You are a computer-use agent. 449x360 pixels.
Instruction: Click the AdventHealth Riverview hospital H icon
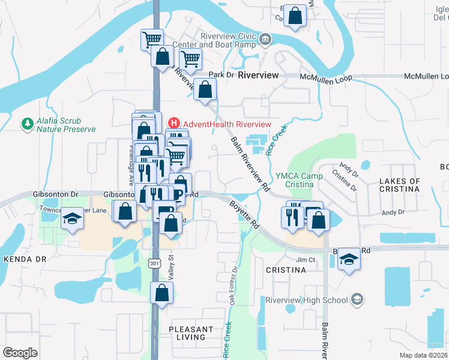click(x=174, y=124)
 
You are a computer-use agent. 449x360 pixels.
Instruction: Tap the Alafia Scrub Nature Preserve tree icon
click(x=26, y=124)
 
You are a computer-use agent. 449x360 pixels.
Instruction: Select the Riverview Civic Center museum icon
click(x=265, y=41)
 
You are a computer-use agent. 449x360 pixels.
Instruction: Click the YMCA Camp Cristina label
click(x=300, y=180)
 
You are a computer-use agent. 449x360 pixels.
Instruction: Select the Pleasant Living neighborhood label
click(x=191, y=333)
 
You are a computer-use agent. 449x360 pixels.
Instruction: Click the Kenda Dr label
click(x=25, y=259)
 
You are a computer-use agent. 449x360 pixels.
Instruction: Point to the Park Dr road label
click(x=220, y=75)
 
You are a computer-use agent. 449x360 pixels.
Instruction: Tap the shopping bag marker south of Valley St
click(x=161, y=293)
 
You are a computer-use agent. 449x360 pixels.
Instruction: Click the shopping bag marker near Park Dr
click(x=205, y=91)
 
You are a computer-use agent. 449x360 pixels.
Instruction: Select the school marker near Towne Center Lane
click(x=72, y=218)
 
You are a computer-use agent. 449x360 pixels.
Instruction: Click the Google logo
click(x=20, y=353)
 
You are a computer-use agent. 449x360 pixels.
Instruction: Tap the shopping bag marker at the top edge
click(x=295, y=17)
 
